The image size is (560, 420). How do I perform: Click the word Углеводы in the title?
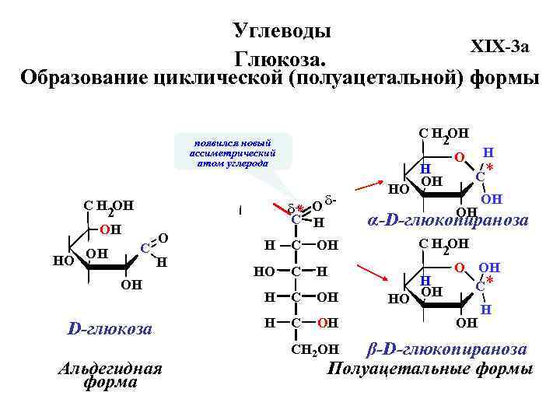pos(282,30)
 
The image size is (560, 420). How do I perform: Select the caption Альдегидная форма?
pos(110,374)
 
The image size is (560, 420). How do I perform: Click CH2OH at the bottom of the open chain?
pos(314,348)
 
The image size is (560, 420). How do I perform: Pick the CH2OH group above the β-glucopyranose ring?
pos(445,247)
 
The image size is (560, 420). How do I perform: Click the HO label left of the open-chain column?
pos(264,272)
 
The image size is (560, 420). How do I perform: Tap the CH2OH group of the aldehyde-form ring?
pos(109,208)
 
